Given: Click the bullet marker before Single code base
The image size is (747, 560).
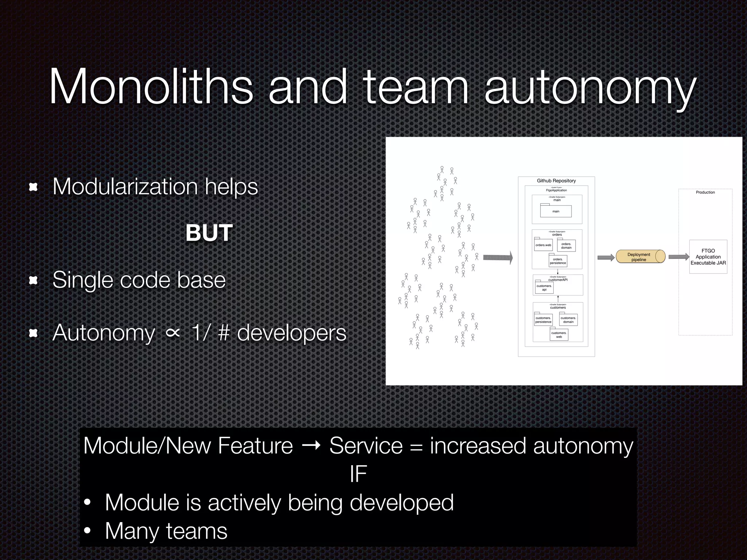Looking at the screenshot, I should tap(33, 280).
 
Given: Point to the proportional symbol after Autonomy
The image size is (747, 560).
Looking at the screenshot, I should tap(173, 332).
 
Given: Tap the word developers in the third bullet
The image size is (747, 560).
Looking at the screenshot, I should tap(291, 333).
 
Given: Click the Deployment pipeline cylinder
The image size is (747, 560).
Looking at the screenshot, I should tap(640, 257).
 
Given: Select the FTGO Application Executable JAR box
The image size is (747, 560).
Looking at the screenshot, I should tap(708, 257).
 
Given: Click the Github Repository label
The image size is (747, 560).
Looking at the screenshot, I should tap(556, 181).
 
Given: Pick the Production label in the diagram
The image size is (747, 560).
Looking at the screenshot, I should tap(705, 192).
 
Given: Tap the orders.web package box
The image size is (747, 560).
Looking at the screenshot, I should tap(543, 245).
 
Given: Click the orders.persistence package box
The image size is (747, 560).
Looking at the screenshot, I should tap(558, 261).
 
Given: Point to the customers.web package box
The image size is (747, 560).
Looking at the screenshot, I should tap(559, 335).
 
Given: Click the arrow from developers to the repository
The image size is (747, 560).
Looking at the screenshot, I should tap(498, 258).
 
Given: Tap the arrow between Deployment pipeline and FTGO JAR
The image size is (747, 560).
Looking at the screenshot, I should tap(678, 257).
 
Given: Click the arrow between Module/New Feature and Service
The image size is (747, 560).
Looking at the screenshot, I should tap(311, 446).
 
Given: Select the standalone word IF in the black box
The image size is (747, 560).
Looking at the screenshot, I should tap(358, 474).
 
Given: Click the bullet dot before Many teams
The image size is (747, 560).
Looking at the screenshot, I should tap(87, 532).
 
